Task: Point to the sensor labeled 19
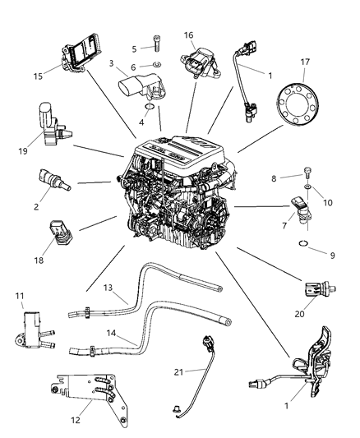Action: [x=50, y=122]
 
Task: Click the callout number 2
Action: [x=36, y=208]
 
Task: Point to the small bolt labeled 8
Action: [x=306, y=173]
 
